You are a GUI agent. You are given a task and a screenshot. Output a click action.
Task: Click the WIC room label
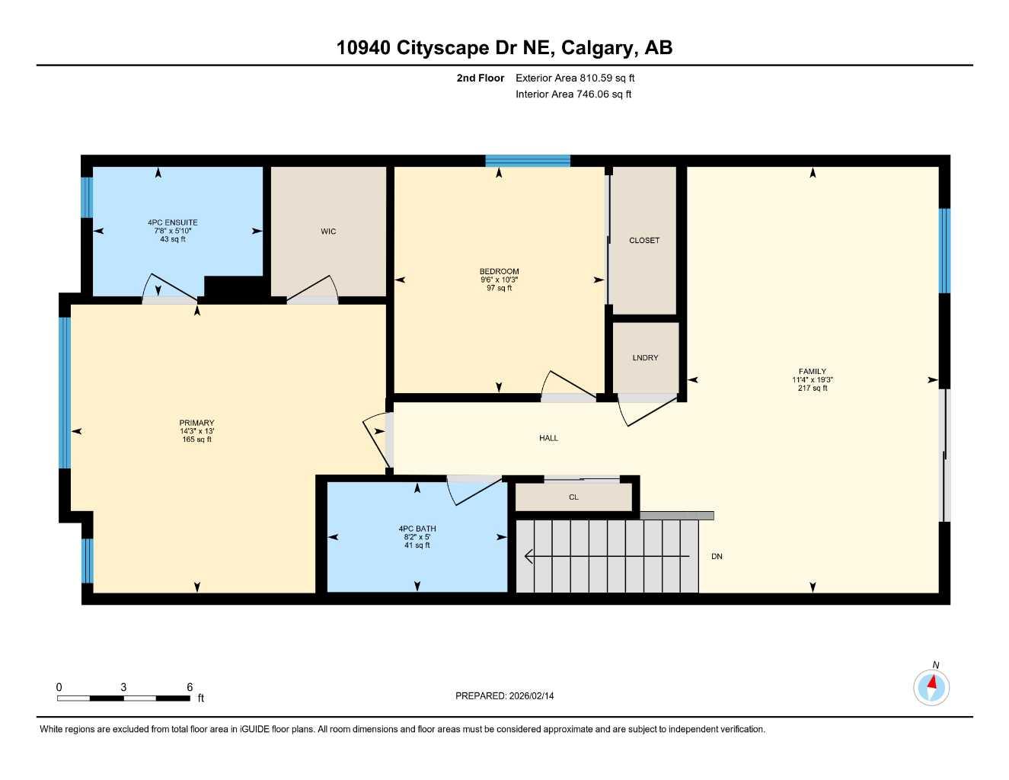click(x=328, y=232)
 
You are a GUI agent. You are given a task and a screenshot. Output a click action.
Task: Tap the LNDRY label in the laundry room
click(x=645, y=358)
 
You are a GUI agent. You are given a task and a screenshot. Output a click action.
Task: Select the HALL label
click(x=548, y=438)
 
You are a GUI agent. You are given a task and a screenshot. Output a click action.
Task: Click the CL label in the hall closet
click(x=573, y=497)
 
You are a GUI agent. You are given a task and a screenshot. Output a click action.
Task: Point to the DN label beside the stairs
click(x=717, y=557)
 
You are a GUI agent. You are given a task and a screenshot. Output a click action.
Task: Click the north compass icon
click(x=931, y=687)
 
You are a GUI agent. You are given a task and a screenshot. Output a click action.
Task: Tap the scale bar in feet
click(x=123, y=697)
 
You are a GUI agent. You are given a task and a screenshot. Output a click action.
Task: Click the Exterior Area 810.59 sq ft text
click(x=575, y=78)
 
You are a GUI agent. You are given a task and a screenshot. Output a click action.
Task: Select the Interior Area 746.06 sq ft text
click(x=573, y=94)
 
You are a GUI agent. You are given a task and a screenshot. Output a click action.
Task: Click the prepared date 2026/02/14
click(x=532, y=695)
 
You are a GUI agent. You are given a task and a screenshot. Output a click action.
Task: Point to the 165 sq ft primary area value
click(x=196, y=440)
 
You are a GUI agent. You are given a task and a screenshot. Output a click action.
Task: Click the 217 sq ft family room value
click(x=813, y=388)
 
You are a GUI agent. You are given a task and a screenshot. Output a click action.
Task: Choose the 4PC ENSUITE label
click(x=173, y=223)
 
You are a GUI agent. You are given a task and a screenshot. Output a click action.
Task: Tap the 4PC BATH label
click(x=417, y=529)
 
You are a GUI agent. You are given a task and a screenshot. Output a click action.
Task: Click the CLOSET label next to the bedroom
click(x=644, y=241)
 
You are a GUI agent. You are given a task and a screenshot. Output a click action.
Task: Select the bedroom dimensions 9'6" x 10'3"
click(x=499, y=280)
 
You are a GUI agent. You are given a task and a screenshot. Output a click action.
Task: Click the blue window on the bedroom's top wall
click(x=528, y=160)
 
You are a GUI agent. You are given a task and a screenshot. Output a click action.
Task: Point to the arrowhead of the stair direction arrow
click(x=528, y=557)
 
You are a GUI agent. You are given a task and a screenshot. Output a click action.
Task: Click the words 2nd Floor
click(x=481, y=78)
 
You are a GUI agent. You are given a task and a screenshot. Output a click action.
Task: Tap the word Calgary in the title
click(x=597, y=48)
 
